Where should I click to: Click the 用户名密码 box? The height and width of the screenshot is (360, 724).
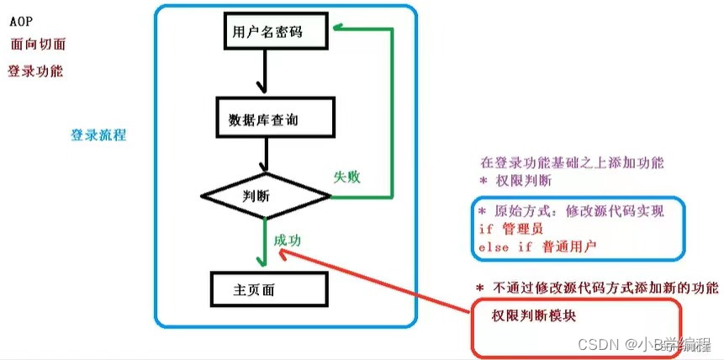point(266,34)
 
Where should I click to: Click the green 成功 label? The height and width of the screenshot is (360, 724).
point(287,240)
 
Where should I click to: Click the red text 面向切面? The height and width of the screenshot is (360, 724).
point(37,45)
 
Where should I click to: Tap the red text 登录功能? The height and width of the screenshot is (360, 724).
point(35,71)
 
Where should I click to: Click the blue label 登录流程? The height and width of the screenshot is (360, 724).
point(99,135)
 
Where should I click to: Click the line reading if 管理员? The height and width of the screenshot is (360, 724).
point(512,229)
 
